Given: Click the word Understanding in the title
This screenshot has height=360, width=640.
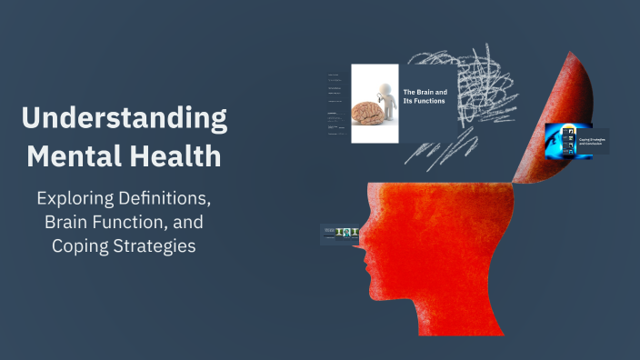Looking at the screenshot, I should (x=125, y=119).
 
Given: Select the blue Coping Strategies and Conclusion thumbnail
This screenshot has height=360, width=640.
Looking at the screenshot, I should (x=569, y=142).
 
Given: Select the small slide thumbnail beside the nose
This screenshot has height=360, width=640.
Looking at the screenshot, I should (x=335, y=234).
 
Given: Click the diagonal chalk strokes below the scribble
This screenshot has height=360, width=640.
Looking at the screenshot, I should (x=436, y=150).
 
